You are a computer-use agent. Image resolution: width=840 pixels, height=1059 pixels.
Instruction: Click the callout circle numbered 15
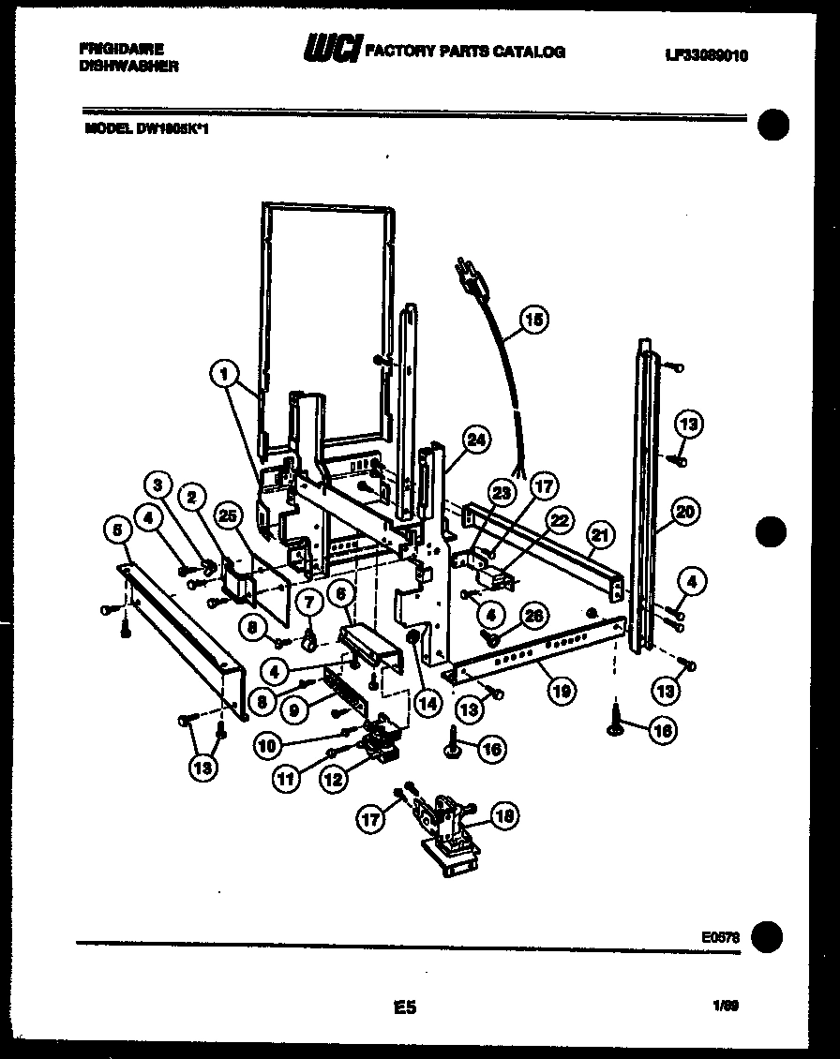(532, 321)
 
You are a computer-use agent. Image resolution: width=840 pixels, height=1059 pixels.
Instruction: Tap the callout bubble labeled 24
(477, 439)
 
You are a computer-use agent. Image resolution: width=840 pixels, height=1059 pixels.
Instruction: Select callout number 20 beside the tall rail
(686, 512)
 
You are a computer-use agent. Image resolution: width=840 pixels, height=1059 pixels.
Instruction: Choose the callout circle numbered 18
(503, 815)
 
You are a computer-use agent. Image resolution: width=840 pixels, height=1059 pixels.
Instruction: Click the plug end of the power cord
(464, 272)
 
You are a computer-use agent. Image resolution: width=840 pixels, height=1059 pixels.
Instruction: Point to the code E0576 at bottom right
(720, 934)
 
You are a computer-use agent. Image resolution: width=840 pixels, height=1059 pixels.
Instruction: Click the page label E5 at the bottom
(405, 1008)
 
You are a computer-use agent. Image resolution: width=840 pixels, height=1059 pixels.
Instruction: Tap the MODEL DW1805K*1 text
(146, 130)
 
